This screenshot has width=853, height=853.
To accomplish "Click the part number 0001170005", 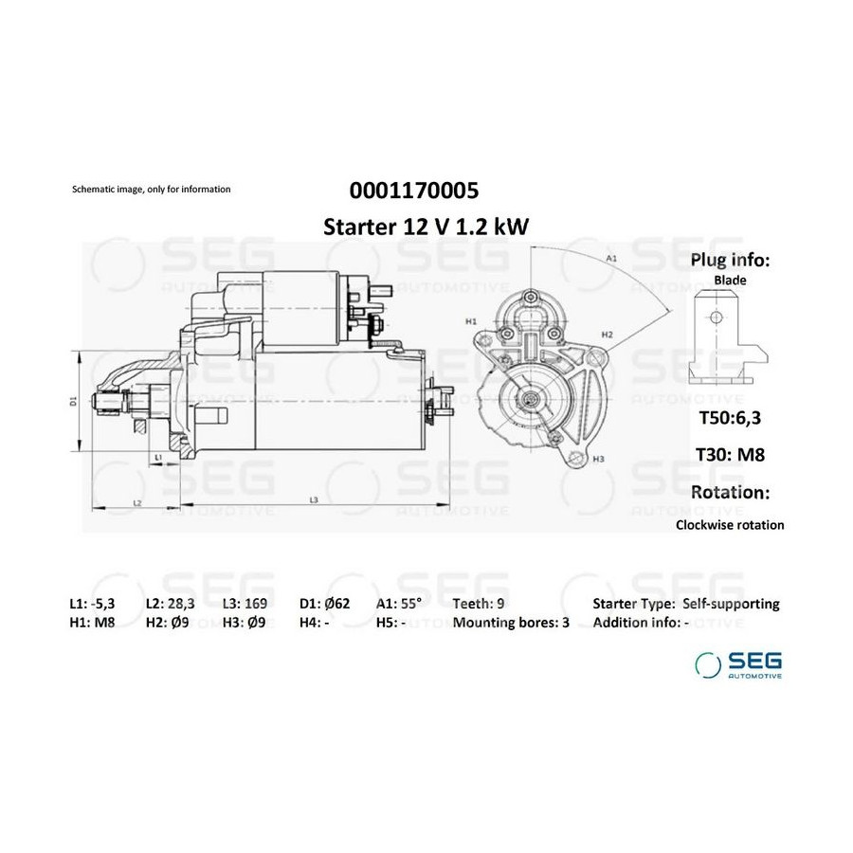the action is pos(414,191).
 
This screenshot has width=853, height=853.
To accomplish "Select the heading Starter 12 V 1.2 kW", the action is pos(426,227).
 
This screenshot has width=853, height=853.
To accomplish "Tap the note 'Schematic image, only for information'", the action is pos(152,190).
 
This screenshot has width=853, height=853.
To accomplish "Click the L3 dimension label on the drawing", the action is pos(314,499).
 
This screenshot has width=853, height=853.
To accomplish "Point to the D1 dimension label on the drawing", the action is pos(74,401).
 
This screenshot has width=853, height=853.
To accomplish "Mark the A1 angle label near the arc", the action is pos(611,259).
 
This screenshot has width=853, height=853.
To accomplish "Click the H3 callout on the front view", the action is pos(598,459).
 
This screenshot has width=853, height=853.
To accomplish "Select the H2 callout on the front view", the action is pos(608,335).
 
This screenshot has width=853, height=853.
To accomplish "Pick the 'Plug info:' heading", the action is pos(730,260).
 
